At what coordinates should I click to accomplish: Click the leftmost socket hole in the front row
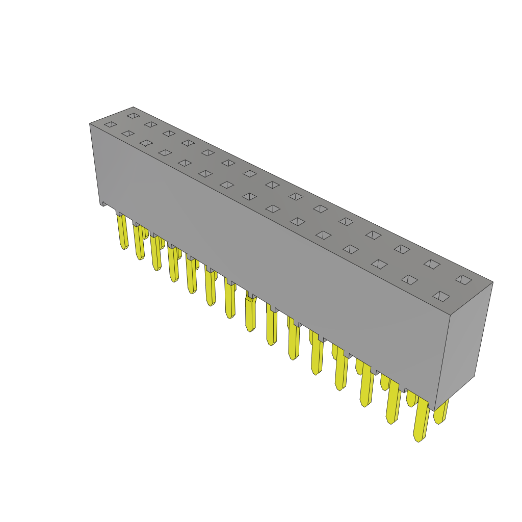click(111, 124)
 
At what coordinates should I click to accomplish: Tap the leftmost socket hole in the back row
click(133, 116)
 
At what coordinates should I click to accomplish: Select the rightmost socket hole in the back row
click(463, 279)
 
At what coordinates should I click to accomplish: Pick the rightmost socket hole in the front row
click(441, 296)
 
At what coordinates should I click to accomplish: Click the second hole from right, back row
click(432, 264)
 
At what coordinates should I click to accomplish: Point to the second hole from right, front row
click(409, 280)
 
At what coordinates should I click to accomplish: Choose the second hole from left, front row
click(128, 134)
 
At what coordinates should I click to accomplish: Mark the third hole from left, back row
click(169, 134)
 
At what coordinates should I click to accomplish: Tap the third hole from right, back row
click(402, 249)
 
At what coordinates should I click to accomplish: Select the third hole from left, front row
click(146, 143)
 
